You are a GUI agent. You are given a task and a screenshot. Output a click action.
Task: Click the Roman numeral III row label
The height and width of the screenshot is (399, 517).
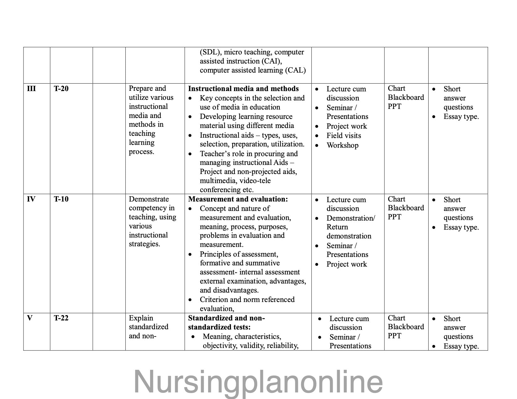31,89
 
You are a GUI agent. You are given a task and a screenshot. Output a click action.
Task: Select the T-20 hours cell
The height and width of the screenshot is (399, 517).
61,89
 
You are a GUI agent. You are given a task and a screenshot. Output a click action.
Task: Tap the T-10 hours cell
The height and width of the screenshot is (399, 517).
61,199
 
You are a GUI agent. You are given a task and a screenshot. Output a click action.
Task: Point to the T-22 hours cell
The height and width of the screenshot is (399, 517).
61,318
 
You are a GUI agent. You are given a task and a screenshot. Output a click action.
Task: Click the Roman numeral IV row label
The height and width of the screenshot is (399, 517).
31,199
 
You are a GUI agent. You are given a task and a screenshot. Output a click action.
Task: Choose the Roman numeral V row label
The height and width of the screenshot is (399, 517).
30,318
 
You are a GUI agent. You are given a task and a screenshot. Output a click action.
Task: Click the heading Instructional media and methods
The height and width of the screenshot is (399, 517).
243,89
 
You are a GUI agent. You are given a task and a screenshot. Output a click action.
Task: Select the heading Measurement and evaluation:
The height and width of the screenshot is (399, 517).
238,199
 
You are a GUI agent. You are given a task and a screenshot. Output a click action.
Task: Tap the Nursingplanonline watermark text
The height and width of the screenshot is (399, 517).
258,381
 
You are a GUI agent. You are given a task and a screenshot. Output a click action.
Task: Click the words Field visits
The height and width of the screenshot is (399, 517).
344,136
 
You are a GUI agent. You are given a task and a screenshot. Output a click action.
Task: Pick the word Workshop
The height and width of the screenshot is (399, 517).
342,145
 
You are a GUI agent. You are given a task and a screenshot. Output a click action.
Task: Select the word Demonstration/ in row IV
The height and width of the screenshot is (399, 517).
351,218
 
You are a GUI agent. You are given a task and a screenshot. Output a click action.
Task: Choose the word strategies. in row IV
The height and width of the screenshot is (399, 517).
144,244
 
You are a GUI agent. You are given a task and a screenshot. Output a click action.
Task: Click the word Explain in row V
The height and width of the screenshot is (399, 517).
141,318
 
